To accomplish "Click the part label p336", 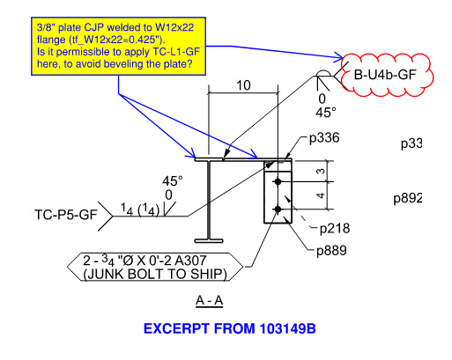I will coord(324,138).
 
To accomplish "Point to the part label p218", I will coord(334,229).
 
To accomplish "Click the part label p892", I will coord(412,199).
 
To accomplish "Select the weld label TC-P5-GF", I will coord(65,214).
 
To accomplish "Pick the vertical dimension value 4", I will coord(320,195).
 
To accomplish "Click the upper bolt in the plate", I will coord(278,180).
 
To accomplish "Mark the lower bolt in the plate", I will coord(278,209).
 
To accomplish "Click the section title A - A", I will coord(209,301).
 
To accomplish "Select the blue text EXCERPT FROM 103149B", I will coord(229,329).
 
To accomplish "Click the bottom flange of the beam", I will coord(209,239).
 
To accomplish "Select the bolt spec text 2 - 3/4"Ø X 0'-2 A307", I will coord(152,261).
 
